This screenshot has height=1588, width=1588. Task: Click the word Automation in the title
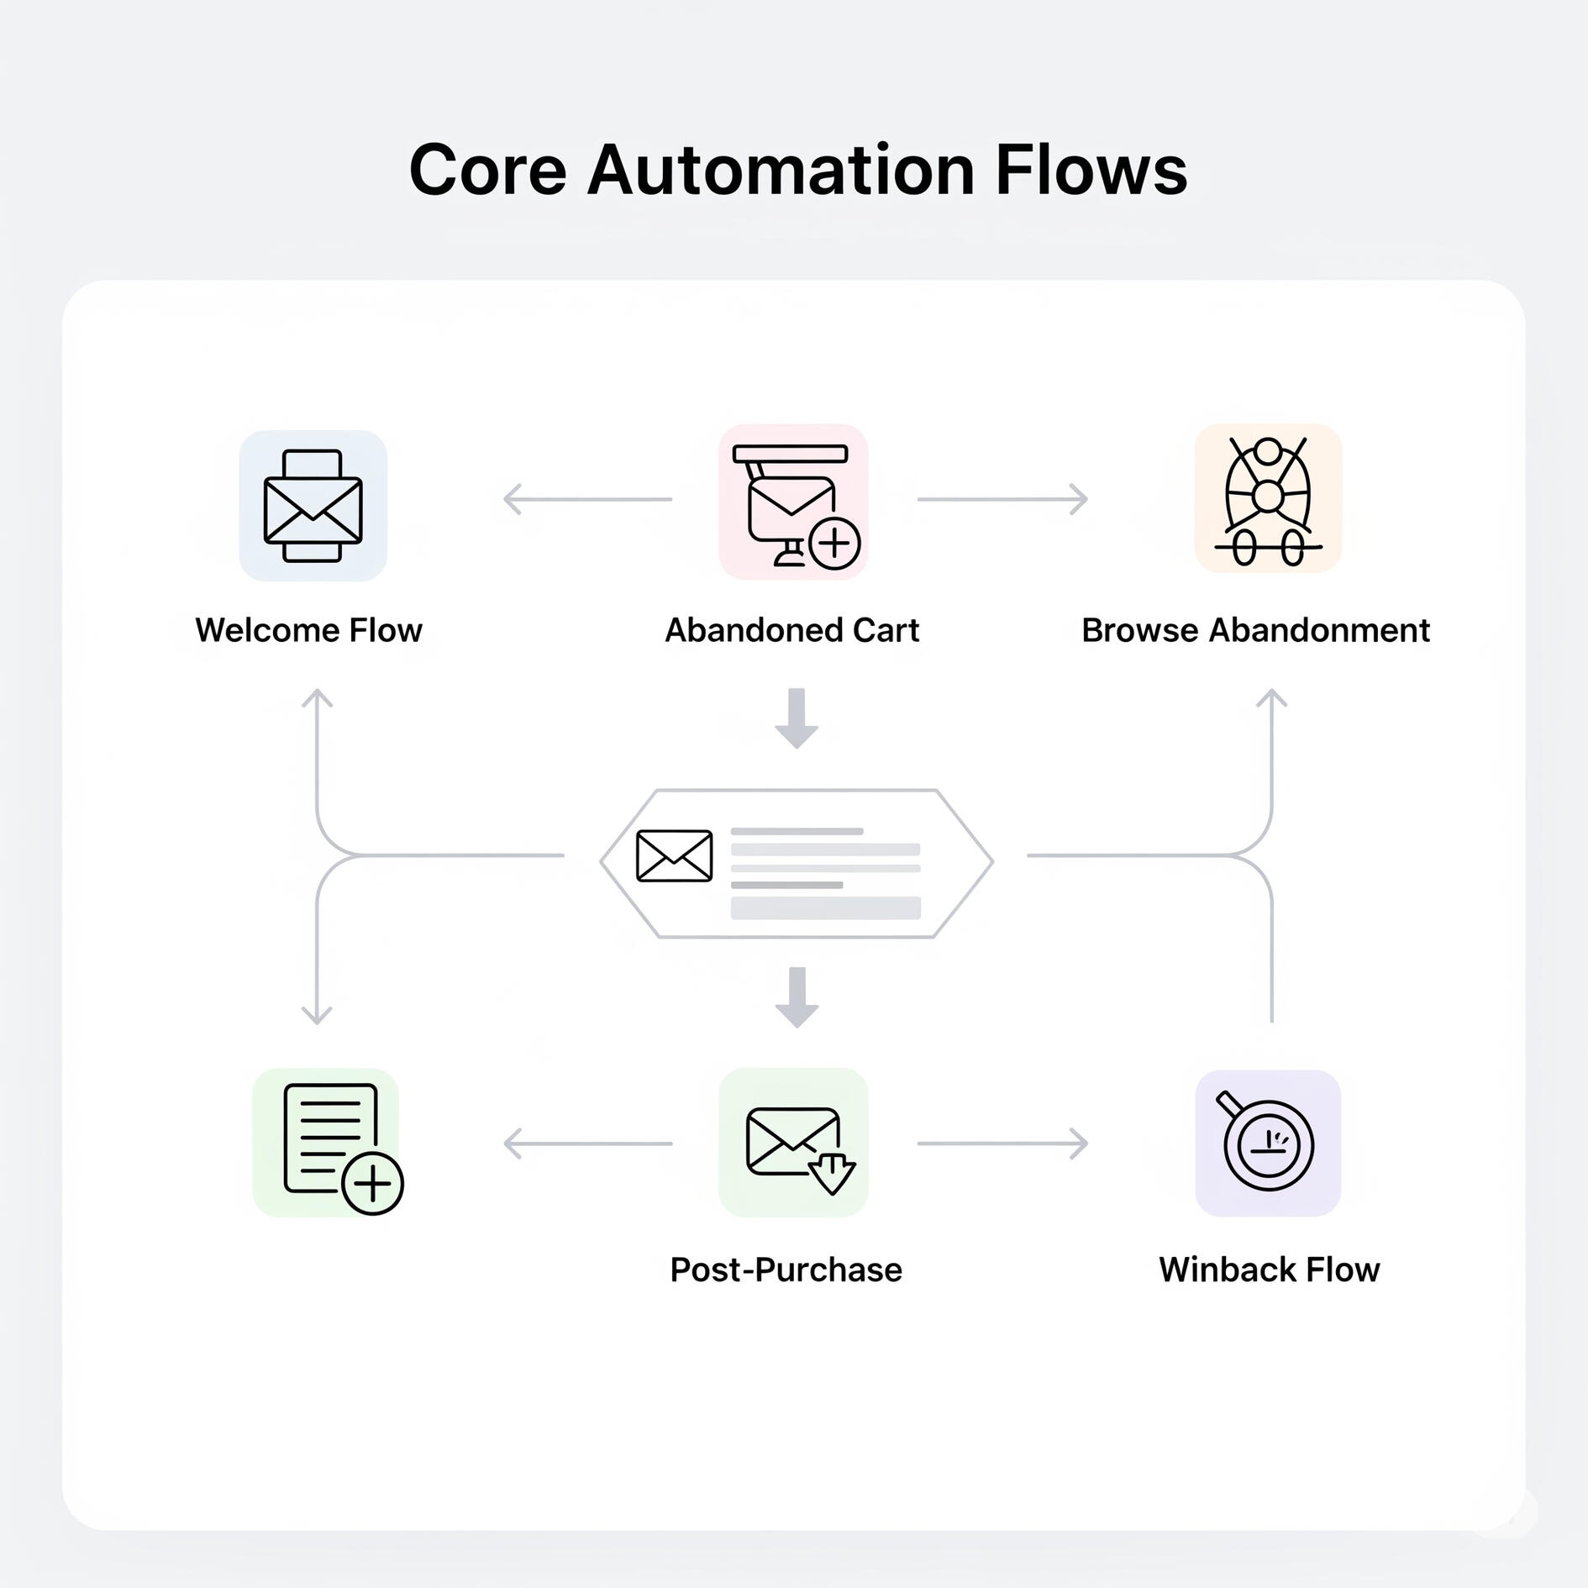pos(781,171)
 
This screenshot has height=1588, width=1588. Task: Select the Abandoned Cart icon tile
pos(793,502)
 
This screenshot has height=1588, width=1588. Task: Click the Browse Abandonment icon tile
pos(1268,499)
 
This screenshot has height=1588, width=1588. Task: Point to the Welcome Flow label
pos(308,630)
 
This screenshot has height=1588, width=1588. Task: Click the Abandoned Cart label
pos(791,630)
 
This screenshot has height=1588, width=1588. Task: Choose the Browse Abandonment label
pos(1255,630)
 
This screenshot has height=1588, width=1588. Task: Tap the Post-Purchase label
pos(786,1270)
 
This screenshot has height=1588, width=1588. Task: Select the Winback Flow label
pos(1269,1270)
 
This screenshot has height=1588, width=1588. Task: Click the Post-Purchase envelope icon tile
pos(793,1143)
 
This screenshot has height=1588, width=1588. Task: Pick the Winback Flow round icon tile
pos(1268,1143)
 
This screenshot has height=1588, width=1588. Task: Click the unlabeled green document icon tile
pos(326,1143)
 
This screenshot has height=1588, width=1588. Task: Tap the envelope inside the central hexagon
pos(674,856)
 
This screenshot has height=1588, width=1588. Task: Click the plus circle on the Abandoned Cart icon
pos(833,544)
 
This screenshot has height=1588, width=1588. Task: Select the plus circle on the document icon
pos(373,1184)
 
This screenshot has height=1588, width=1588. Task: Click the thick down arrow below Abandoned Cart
pos(797,718)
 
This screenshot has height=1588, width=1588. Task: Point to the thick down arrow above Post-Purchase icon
pos(797,997)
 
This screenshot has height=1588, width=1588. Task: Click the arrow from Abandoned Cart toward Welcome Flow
pos(587,499)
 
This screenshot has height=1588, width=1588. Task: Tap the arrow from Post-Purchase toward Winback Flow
pos(1002,1144)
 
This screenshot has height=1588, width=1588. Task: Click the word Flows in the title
pos(1091,171)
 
